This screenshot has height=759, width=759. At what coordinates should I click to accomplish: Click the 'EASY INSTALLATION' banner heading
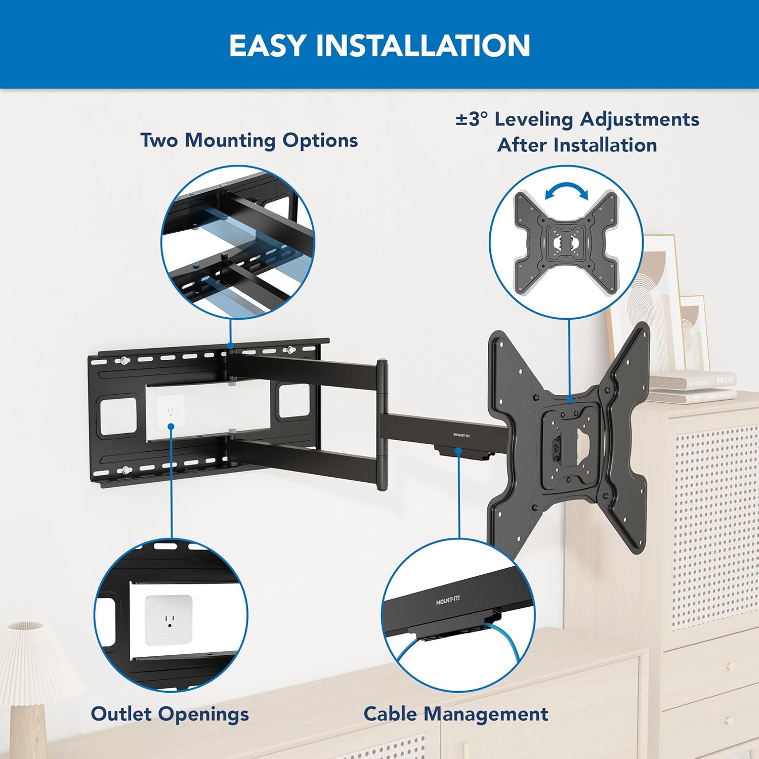[379, 46]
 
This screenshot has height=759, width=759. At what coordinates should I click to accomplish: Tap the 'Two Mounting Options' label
[249, 140]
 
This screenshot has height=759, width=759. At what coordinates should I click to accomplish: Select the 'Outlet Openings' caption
[170, 714]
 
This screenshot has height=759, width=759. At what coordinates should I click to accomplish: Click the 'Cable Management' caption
[455, 714]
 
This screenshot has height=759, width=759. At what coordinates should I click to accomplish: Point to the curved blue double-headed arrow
[567, 192]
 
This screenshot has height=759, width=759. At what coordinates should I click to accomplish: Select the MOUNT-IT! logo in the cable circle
[448, 601]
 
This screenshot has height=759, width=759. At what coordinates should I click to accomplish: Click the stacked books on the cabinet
[693, 387]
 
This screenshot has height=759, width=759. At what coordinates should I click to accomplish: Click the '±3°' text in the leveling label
[472, 119]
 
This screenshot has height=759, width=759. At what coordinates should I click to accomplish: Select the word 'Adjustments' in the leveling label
[640, 119]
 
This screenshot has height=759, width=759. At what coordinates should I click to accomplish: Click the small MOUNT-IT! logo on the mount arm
[461, 435]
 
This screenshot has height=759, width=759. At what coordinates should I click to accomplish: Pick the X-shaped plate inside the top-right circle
[566, 243]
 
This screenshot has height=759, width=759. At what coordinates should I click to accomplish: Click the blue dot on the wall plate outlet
[172, 427]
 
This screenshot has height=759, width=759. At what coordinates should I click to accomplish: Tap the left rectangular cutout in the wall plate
[118, 416]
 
